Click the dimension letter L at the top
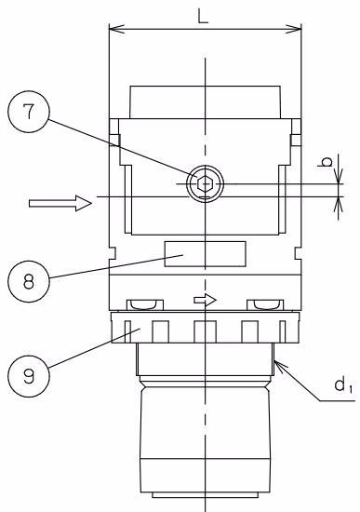coord(203,16)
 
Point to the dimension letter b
coord(327,162)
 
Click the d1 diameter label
coord(343,385)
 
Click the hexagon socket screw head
coord(205,183)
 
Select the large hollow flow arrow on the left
coord(60,203)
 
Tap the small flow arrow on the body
coord(205,300)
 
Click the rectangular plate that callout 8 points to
coord(205,254)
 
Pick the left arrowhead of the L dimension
coord(116,29)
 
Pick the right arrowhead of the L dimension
coord(293,29)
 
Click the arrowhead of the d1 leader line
coord(281,365)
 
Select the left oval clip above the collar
coord(145,304)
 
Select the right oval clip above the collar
coord(265,304)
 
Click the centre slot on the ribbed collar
coord(205,331)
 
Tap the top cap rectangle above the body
coord(205,102)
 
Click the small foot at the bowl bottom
coord(205,495)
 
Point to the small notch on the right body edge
coord(298,253)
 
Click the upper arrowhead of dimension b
coord(339,176)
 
